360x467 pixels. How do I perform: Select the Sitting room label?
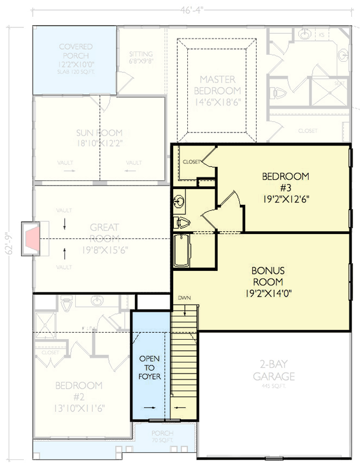point(141,58)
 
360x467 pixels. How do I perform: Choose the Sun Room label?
point(99,137)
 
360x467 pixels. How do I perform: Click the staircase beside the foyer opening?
point(184,362)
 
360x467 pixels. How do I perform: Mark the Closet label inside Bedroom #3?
point(191,161)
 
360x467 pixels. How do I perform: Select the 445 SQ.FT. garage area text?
point(273,386)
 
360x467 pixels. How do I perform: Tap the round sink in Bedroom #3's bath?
point(180,203)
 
